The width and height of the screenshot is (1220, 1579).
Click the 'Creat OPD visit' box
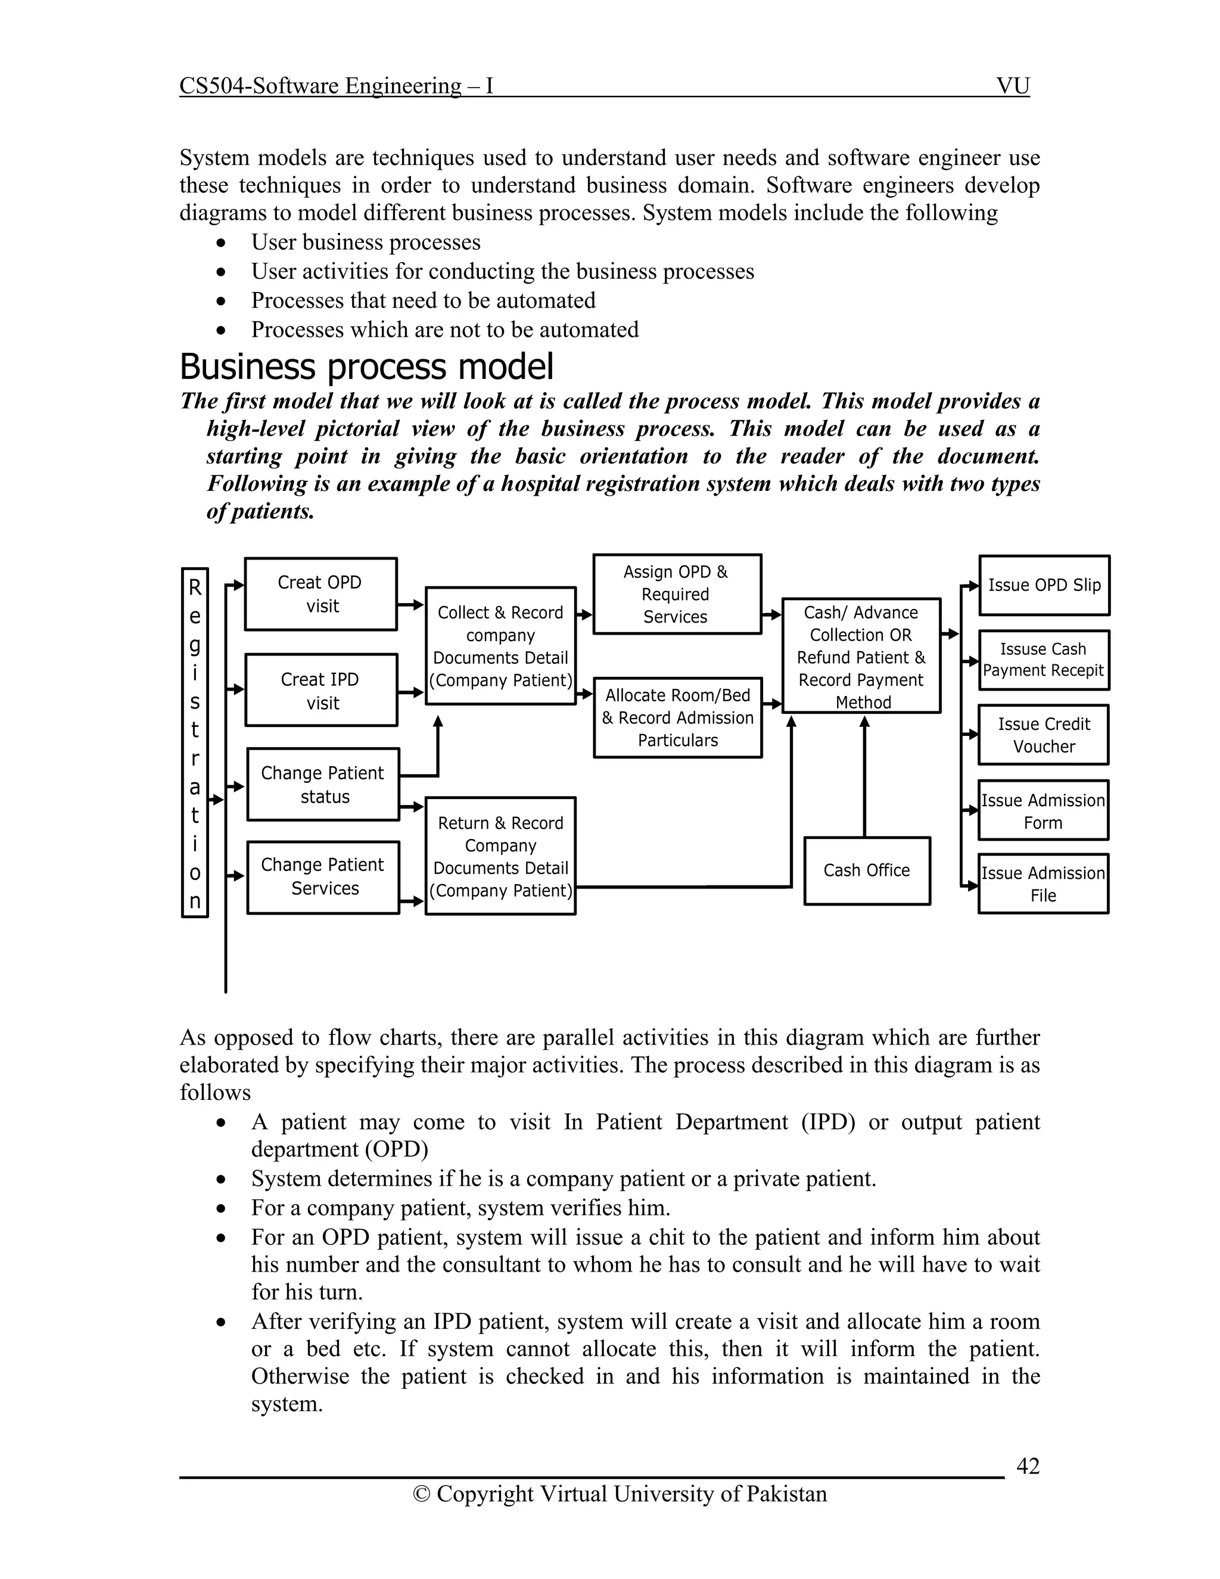click(320, 593)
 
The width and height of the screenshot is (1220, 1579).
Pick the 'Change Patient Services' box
click(322, 876)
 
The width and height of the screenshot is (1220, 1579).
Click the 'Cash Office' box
click(867, 871)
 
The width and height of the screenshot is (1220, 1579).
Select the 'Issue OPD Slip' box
click(1044, 585)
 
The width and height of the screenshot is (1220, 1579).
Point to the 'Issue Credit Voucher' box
click(1043, 735)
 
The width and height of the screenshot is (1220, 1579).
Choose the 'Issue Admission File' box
click(1043, 884)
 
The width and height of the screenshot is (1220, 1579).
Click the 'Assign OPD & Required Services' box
click(677, 594)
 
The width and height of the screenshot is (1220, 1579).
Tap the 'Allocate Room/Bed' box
click(677, 717)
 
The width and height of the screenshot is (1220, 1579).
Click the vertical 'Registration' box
click(194, 742)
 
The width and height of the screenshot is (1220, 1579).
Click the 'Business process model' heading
click(366, 366)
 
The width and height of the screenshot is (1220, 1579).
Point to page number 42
click(1027, 1466)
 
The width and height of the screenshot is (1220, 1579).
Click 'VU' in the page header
click(1012, 86)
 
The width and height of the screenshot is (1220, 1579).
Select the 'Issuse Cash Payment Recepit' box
click(1043, 660)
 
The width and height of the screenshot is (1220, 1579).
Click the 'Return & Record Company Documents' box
click(500, 856)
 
